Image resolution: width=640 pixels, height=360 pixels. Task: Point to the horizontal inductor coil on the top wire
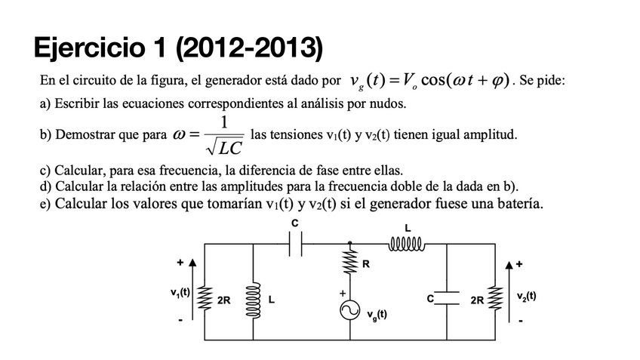[x=408, y=243]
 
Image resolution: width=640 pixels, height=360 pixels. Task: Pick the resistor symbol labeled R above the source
[x=349, y=263]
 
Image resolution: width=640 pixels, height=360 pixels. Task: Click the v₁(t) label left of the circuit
[x=181, y=291]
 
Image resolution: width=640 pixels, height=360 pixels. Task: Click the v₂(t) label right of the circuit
[x=528, y=296]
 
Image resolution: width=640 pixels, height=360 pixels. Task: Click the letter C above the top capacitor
[x=295, y=223]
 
